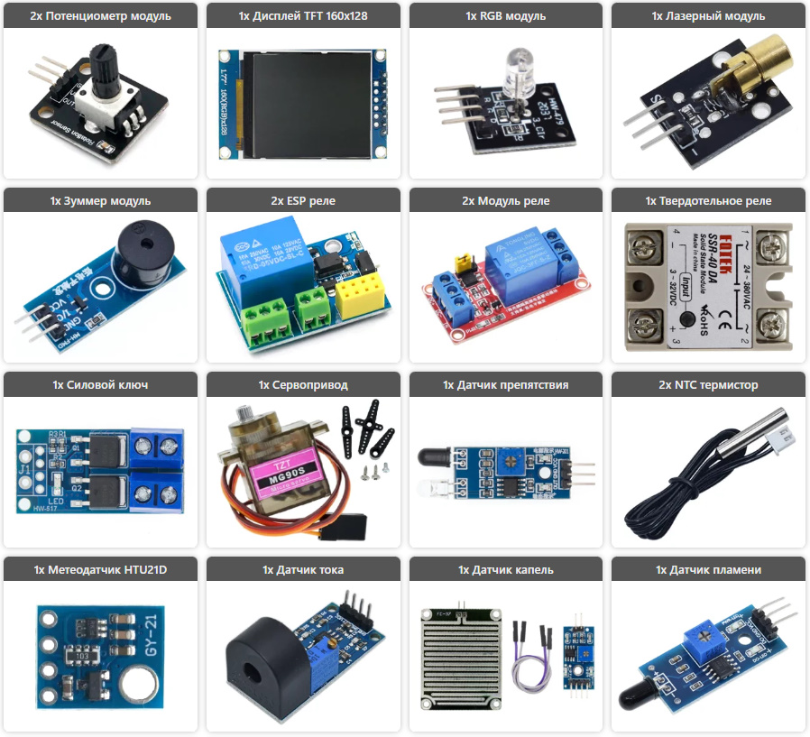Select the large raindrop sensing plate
coord(460,653)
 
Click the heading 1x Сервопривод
coord(303,385)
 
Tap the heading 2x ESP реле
coord(303,200)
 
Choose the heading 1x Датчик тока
coord(303,569)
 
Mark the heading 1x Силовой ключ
coord(100,385)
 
